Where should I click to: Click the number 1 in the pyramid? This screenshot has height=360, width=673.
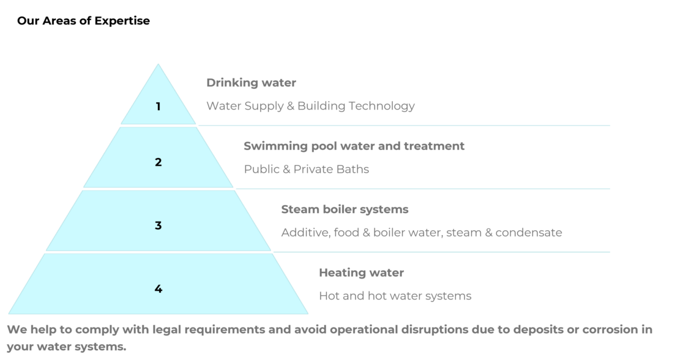(158, 107)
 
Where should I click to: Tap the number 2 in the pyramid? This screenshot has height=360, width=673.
(158, 162)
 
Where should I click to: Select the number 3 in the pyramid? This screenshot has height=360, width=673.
(158, 225)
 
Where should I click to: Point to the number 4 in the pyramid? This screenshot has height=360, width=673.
(158, 288)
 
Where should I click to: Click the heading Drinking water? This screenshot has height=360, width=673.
(251, 83)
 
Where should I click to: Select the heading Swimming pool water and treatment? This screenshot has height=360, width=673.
(354, 146)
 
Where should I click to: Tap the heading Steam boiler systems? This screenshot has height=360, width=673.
(344, 209)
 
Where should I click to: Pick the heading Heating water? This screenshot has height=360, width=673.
(361, 272)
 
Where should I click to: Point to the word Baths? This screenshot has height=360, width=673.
(352, 169)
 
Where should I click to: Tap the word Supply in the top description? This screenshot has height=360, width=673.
(260, 106)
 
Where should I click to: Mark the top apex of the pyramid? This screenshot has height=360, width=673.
(158, 64)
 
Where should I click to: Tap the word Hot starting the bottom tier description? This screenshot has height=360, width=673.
(329, 296)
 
